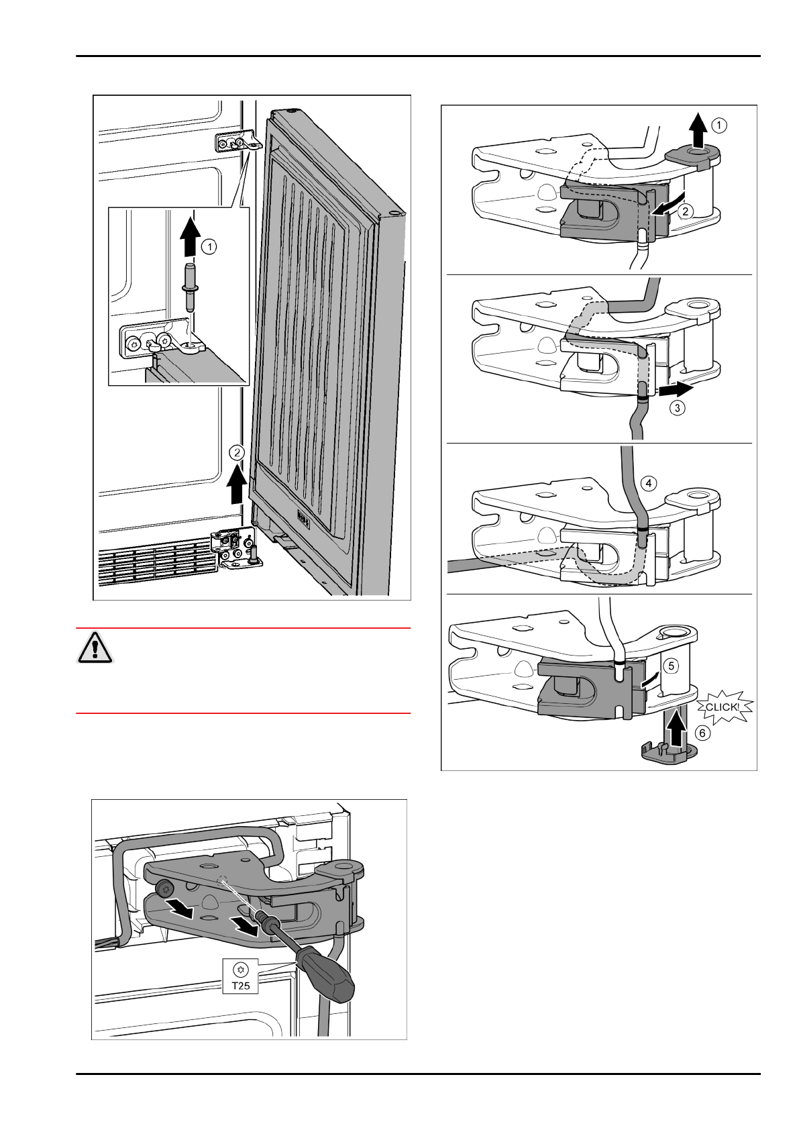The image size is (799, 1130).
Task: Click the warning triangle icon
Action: click(x=95, y=647)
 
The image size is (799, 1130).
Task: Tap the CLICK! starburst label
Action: click(x=722, y=707)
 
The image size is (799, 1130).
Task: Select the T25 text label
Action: click(x=240, y=986)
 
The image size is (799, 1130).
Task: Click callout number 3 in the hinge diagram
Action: click(x=678, y=407)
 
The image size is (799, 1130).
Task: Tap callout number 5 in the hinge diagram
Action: click(x=672, y=666)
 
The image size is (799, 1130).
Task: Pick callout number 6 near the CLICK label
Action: click(x=702, y=733)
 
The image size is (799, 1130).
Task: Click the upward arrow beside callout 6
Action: click(x=676, y=729)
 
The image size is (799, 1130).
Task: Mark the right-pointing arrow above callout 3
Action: click(x=675, y=389)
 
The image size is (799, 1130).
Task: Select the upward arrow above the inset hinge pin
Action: click(x=191, y=236)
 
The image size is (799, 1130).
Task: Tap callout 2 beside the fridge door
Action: click(x=235, y=452)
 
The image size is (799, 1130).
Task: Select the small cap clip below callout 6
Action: click(x=661, y=753)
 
